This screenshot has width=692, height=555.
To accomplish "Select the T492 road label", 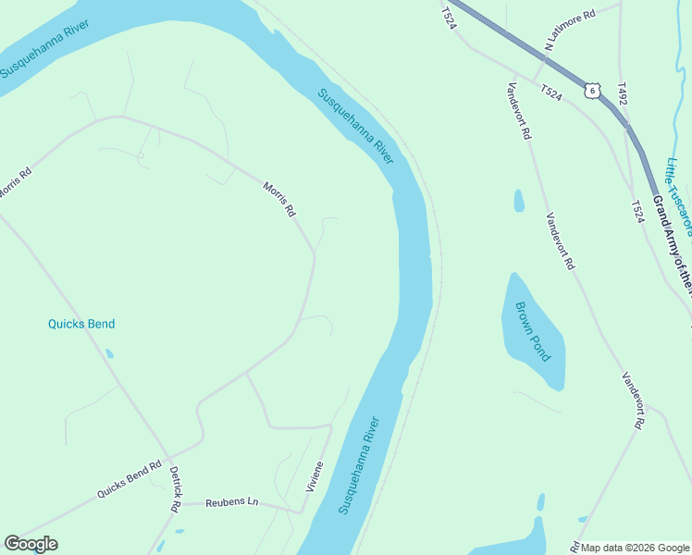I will pos(623,92).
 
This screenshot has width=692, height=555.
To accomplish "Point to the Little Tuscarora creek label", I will pos(679,190).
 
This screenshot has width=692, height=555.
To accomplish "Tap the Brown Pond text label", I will pos(533,330).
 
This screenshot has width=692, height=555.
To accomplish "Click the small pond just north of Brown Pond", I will pos(519,200).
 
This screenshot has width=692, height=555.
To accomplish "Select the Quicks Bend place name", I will pos(81,324).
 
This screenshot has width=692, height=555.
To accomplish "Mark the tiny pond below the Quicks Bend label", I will pos(109,353).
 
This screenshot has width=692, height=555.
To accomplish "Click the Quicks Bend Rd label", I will pos(130,480).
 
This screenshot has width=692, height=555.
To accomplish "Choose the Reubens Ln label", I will pos(231,501).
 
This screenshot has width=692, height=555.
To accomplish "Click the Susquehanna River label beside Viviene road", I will pos(359,466).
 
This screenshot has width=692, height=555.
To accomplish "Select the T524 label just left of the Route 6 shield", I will pos(551,92).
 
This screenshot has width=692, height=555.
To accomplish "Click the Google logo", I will pos(31,544).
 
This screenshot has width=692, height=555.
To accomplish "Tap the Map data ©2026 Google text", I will pos(636,548).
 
